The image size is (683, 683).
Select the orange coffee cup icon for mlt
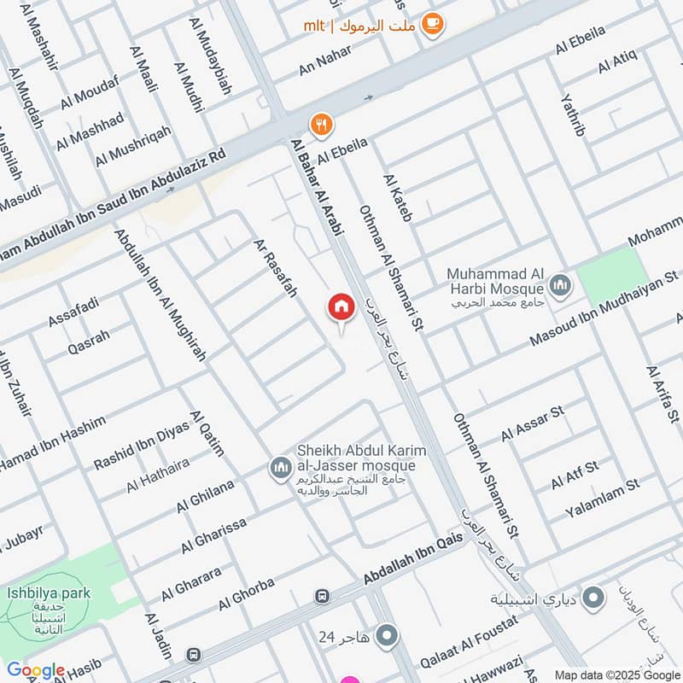tap(433, 24)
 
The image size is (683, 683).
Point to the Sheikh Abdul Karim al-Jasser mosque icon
tap(280, 468)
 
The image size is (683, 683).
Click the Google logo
tap(35, 671)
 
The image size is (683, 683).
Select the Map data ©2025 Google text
tap(616, 674)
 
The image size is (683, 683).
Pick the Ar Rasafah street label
tap(275, 268)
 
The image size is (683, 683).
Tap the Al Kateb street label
tap(398, 198)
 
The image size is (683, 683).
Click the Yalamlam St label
tap(602, 500)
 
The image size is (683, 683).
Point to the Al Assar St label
tap(533, 423)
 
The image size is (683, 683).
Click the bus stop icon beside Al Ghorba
tap(323, 596)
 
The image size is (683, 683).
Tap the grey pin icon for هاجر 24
tap(388, 635)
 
